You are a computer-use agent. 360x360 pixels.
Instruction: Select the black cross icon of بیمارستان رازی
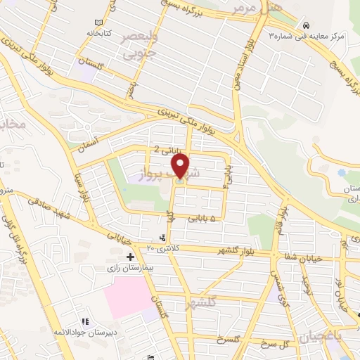click(x=130, y=257)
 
